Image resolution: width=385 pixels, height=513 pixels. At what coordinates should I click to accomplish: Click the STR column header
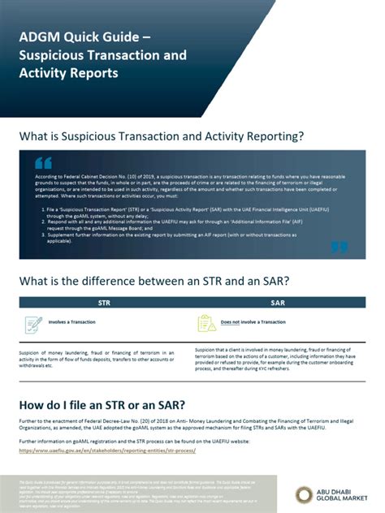tap(104, 302)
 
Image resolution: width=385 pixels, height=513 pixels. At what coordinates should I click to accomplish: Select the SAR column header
tap(277, 302)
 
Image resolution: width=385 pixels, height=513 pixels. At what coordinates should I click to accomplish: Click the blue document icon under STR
tap(34, 323)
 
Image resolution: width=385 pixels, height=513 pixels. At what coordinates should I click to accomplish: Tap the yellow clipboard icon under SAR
tap(207, 323)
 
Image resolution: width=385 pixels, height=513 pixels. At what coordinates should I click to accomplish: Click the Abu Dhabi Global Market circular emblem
tap(305, 494)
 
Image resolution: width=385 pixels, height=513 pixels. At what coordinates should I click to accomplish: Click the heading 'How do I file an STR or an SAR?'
tap(103, 404)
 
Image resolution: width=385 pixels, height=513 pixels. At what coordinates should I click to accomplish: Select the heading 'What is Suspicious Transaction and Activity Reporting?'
tap(162, 136)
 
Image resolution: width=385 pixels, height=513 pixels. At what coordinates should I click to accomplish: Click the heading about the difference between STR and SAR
tap(154, 282)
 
